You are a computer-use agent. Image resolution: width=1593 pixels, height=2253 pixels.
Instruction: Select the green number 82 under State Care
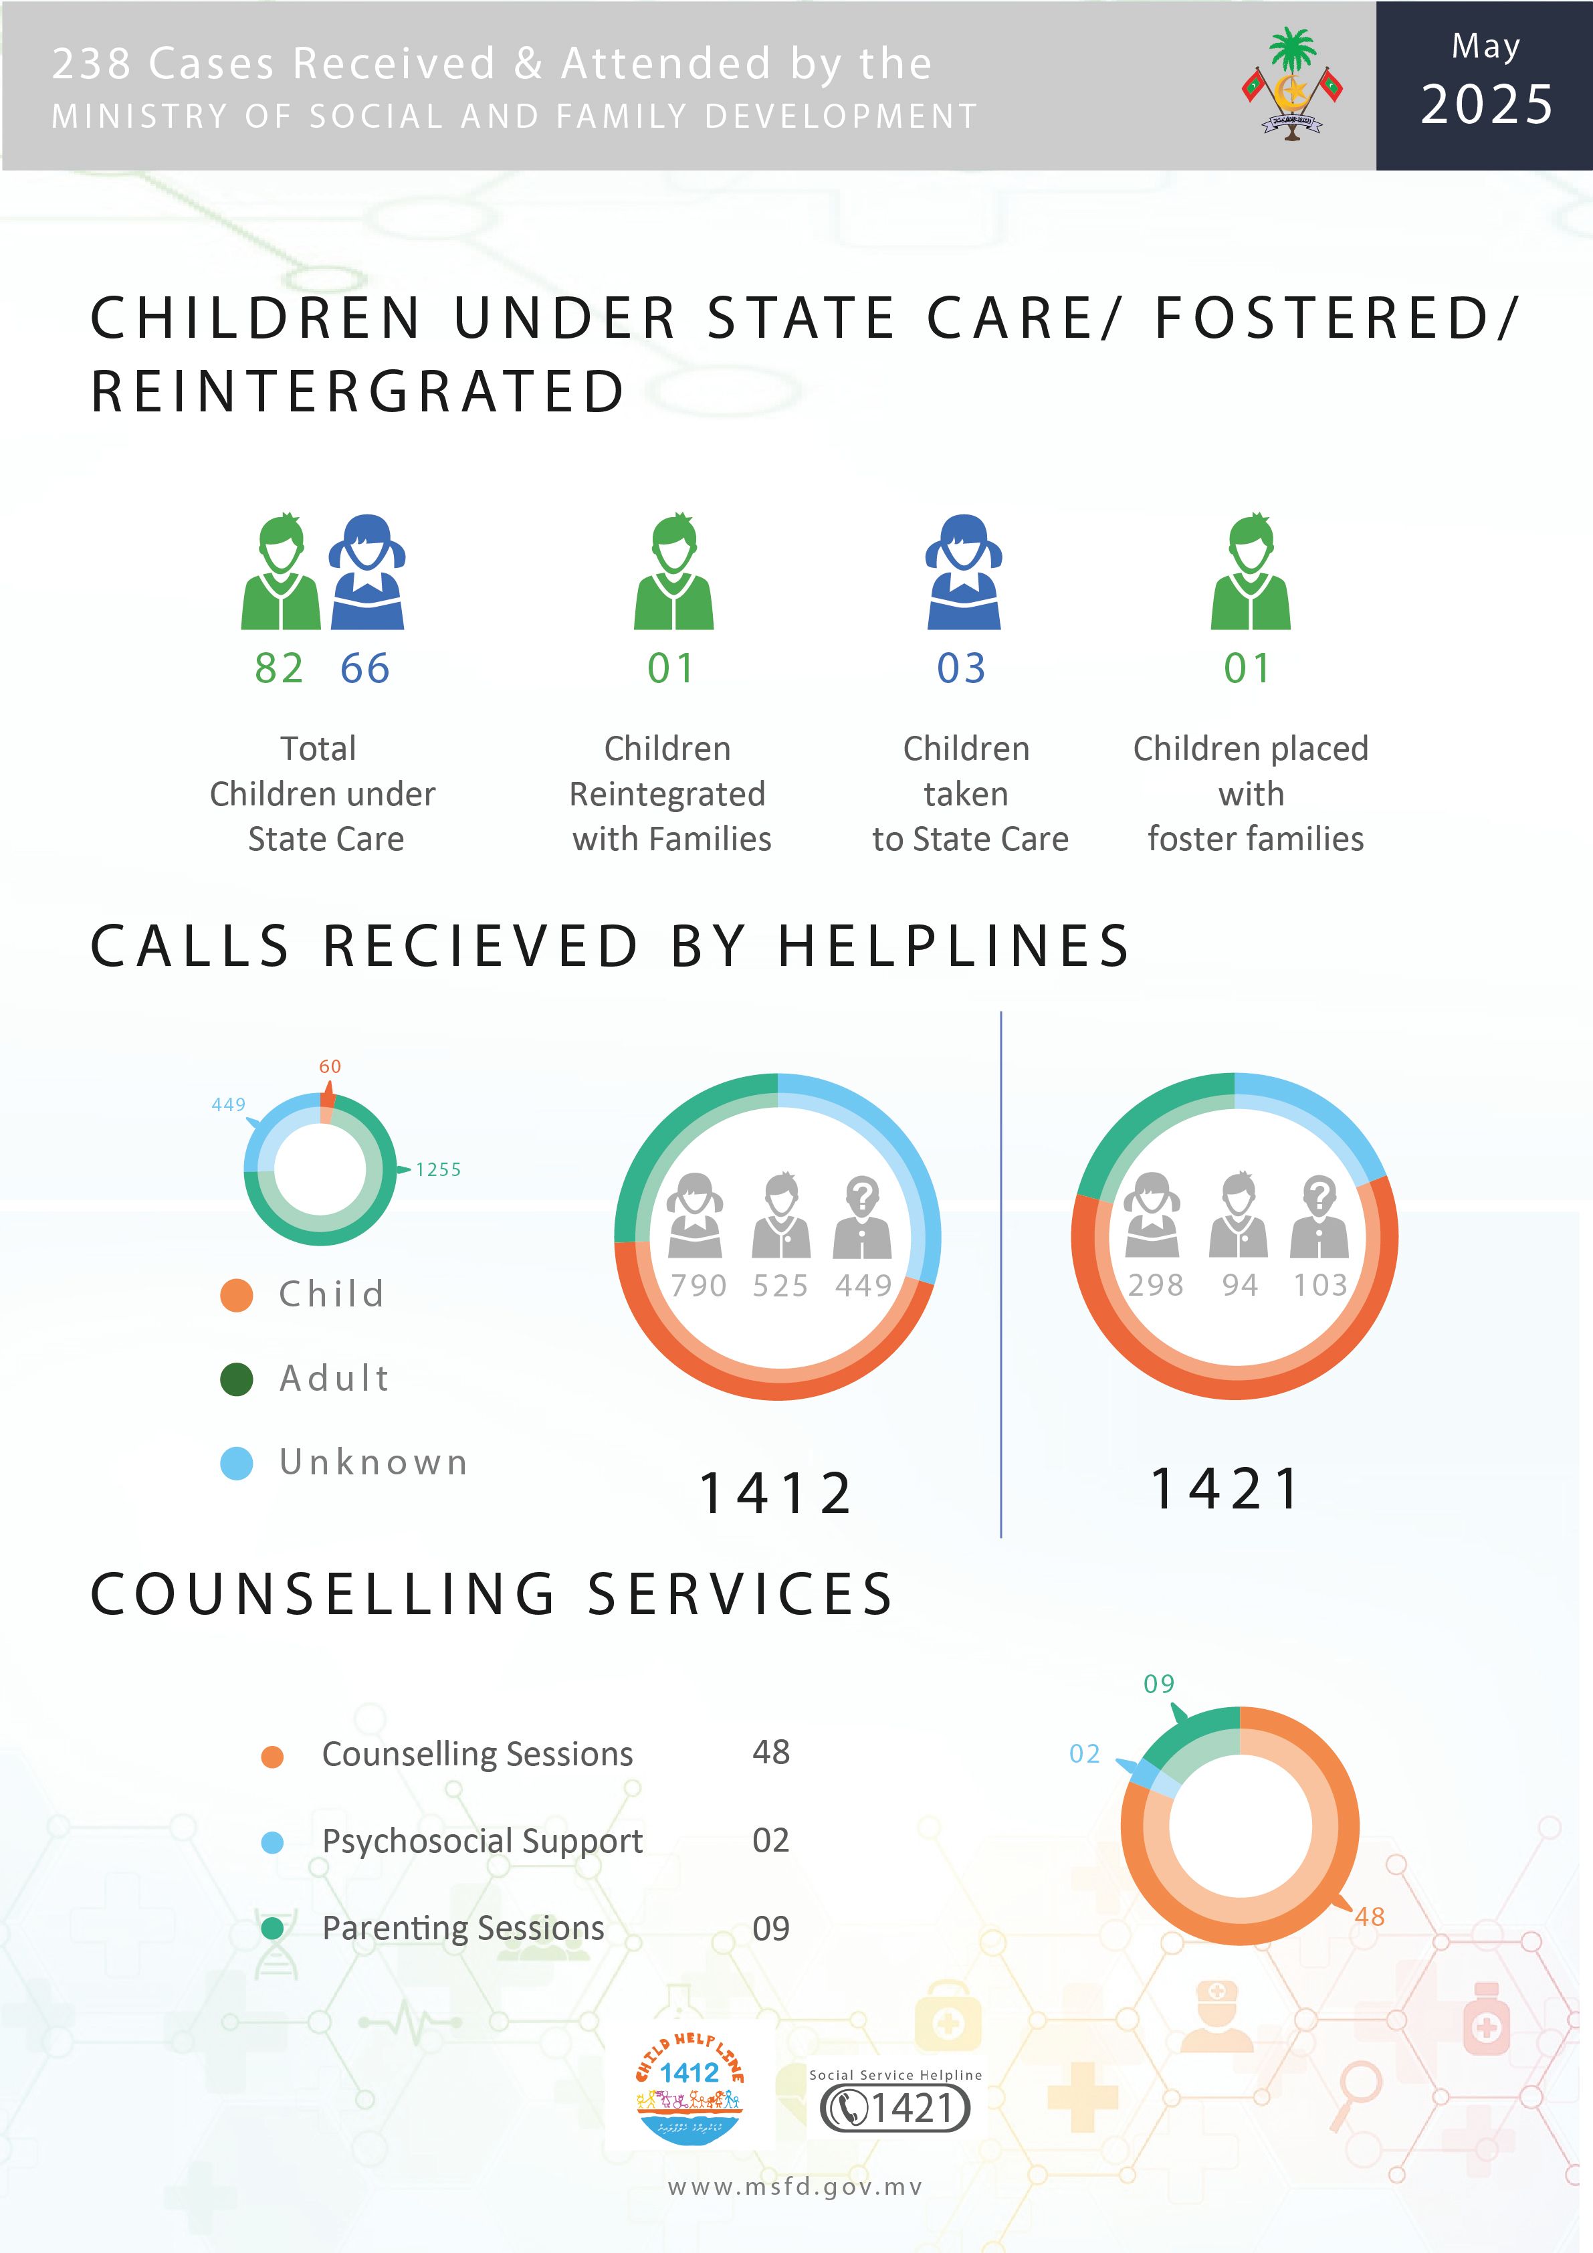(x=280, y=668)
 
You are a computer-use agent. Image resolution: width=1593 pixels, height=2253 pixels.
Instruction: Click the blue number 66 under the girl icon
(x=365, y=668)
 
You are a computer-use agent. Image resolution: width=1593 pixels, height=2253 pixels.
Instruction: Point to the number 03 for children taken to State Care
(x=961, y=668)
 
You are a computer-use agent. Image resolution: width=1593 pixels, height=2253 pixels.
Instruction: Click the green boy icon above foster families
(x=1251, y=571)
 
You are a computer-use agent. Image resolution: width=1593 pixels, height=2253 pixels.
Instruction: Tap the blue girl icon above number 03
(x=964, y=571)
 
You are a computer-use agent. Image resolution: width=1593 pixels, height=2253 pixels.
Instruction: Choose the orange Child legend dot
(x=236, y=1294)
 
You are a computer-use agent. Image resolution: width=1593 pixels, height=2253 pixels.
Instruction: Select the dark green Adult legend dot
(x=236, y=1379)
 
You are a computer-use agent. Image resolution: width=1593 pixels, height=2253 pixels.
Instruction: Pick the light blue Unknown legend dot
(x=236, y=1463)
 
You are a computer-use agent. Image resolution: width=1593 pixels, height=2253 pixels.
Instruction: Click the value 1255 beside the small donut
(x=439, y=1170)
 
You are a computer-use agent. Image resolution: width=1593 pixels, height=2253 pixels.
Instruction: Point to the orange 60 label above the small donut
(x=330, y=1067)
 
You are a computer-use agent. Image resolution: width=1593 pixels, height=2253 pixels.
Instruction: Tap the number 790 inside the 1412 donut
(x=698, y=1286)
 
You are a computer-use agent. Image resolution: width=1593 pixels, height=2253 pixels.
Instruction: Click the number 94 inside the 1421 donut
(x=1240, y=1284)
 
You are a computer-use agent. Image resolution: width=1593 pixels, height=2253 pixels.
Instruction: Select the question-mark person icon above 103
(x=1319, y=1217)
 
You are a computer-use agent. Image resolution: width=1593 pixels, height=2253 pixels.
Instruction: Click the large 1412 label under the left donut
(x=776, y=1494)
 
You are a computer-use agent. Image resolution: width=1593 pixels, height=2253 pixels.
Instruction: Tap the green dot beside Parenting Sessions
(x=273, y=1928)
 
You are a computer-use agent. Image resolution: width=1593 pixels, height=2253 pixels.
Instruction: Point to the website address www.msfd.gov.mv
(x=796, y=2187)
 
